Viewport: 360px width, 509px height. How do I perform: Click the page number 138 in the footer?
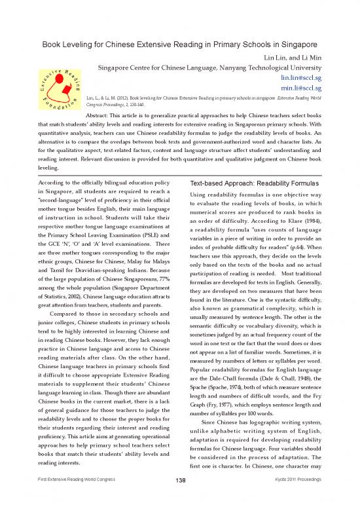[179, 500]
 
